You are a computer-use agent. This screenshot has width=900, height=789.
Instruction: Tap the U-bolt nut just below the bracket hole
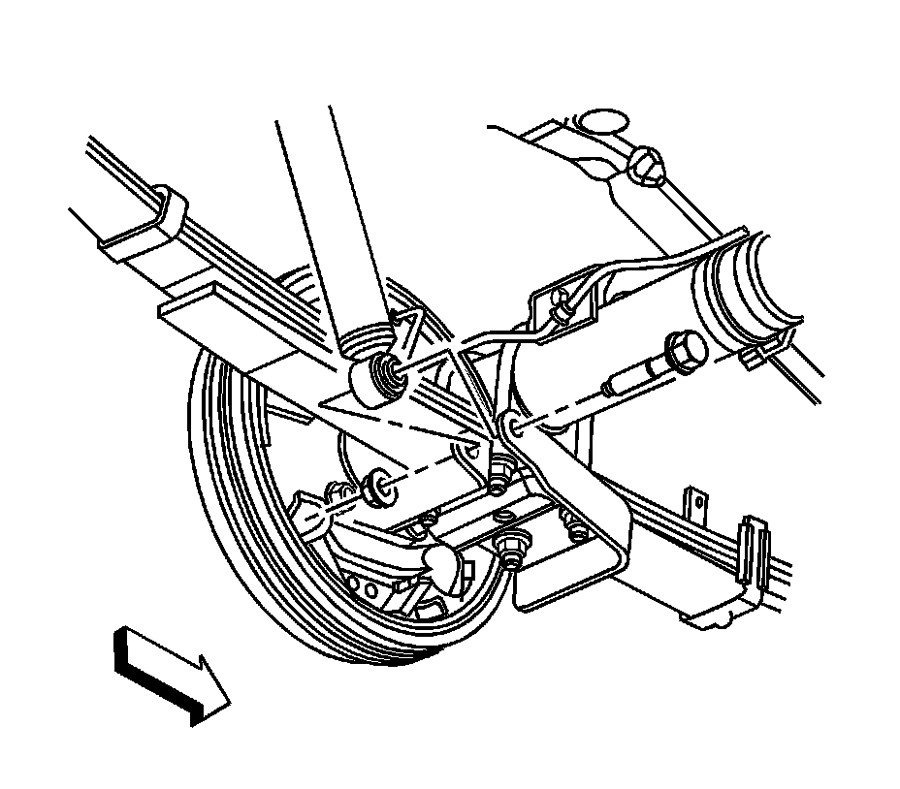coord(501,475)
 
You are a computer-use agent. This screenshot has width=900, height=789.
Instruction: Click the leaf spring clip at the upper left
coord(171,208)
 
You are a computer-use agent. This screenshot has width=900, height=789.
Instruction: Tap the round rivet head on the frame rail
coord(648,165)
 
